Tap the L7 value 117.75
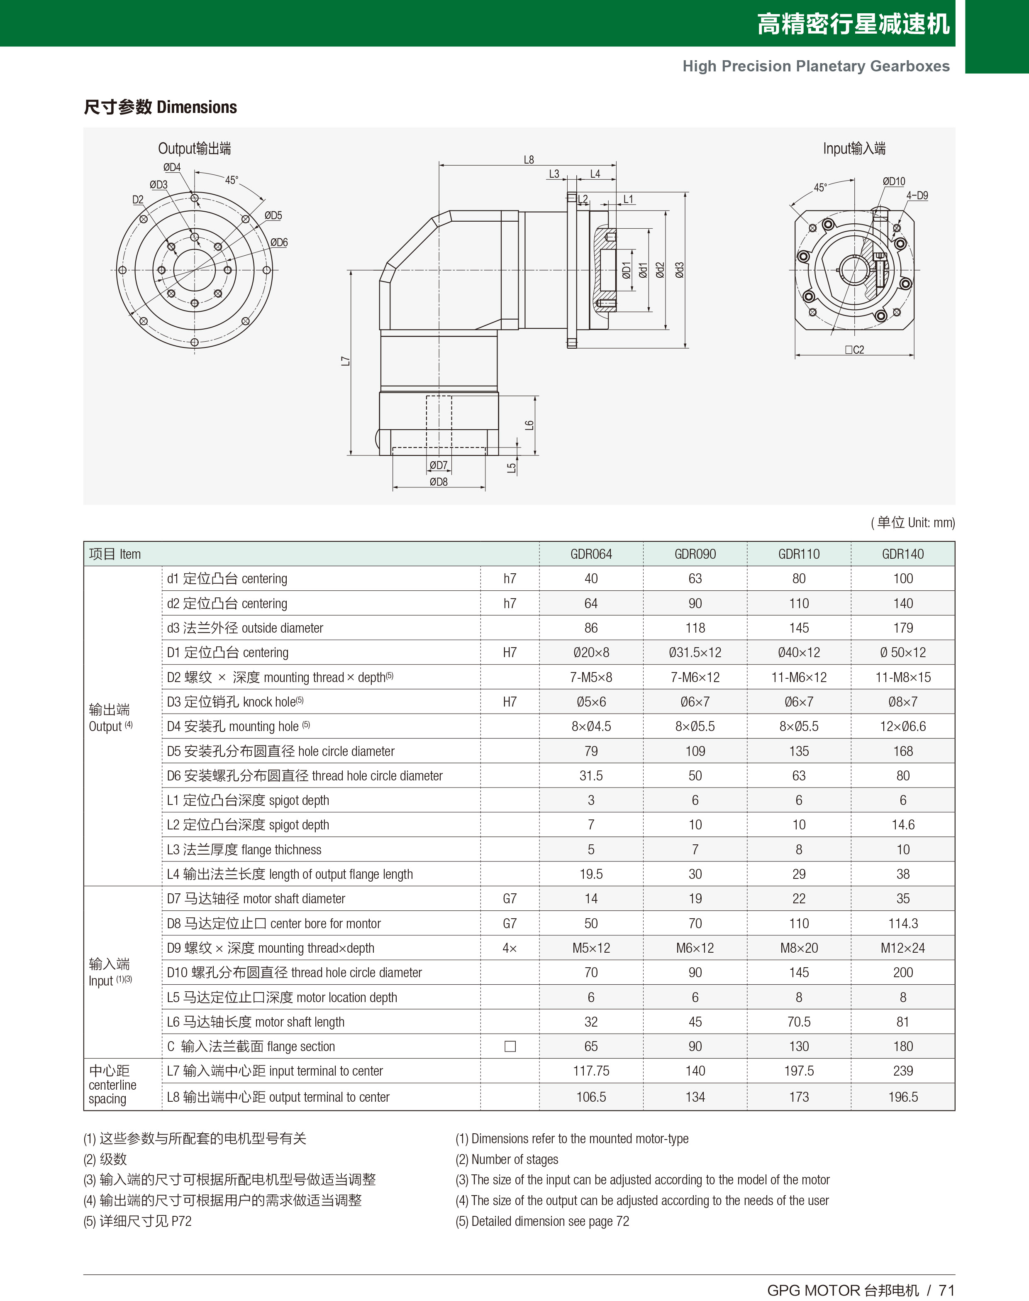pos(590,1071)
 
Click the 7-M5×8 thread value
pos(590,677)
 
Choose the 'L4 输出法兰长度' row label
pos(289,874)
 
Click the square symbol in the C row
pos(510,1046)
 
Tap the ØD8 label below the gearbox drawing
pos(438,482)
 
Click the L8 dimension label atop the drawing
pos(528,160)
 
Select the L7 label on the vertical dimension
pos(345,361)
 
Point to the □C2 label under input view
pos(854,350)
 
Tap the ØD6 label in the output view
pos(278,242)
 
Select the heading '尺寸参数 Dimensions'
pos(160,107)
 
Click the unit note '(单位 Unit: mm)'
pos(913,523)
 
